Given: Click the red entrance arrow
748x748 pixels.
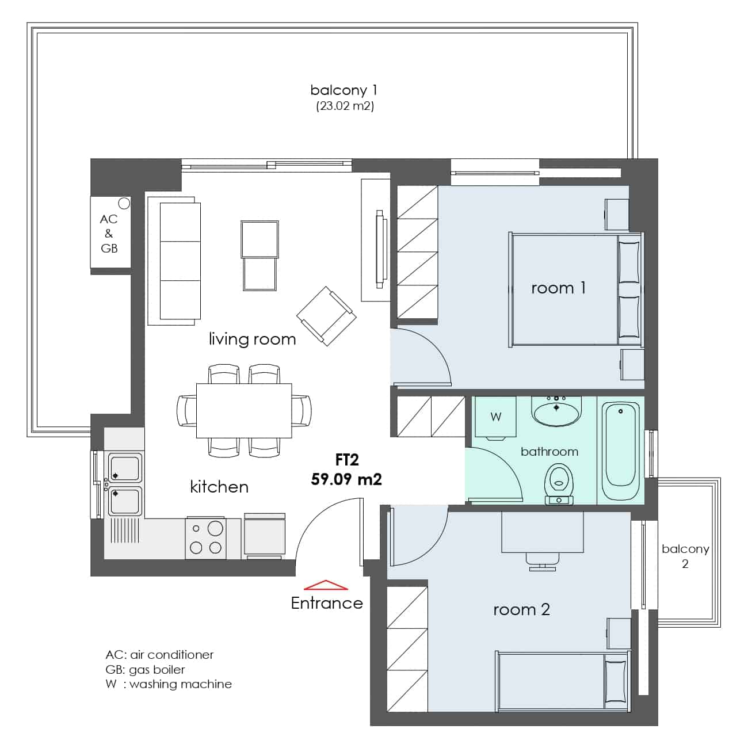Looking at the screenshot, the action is click(325, 585).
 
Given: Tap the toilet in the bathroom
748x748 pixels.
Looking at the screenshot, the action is click(559, 484).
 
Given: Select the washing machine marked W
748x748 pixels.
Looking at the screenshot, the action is click(495, 417).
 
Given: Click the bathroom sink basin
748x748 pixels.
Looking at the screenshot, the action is click(556, 411).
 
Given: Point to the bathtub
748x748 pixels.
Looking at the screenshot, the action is click(620, 451).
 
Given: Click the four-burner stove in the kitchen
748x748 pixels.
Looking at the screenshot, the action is click(205, 537).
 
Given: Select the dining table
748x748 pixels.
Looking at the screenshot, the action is click(244, 410).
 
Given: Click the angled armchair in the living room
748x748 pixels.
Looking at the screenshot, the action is click(326, 316).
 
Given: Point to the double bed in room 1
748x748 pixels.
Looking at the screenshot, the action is click(576, 289).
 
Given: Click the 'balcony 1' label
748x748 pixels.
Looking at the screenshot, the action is click(344, 90).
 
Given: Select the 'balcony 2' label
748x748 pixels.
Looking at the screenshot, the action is click(685, 556).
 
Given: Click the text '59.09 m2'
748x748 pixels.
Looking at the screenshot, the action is click(346, 479).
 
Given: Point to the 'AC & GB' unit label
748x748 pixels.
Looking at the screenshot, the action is click(109, 234).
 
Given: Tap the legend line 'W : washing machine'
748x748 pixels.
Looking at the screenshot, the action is click(169, 684).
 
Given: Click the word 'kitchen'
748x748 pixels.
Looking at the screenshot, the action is click(219, 487).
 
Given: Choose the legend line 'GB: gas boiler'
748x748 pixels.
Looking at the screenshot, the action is click(145, 670).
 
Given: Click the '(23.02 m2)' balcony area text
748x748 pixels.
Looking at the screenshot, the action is click(345, 106).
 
